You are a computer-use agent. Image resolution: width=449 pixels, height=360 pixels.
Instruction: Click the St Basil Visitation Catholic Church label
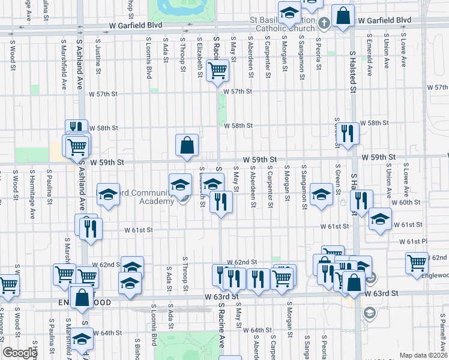[282, 24]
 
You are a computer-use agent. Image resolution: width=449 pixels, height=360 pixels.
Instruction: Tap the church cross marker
[324, 23]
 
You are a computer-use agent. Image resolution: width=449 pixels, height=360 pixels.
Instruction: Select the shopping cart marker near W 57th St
[217, 70]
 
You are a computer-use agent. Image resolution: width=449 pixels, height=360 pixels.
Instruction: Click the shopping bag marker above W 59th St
[187, 145]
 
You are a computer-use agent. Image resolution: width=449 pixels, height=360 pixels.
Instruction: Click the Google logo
[20, 353]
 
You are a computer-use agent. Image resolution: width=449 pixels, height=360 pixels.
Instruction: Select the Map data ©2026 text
[424, 355]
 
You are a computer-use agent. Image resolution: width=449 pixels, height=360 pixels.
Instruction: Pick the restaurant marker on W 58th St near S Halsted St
[347, 133]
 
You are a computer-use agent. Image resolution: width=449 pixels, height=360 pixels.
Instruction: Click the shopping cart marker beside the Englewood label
[417, 262]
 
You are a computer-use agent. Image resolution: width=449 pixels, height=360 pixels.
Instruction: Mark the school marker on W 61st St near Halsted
[379, 219]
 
